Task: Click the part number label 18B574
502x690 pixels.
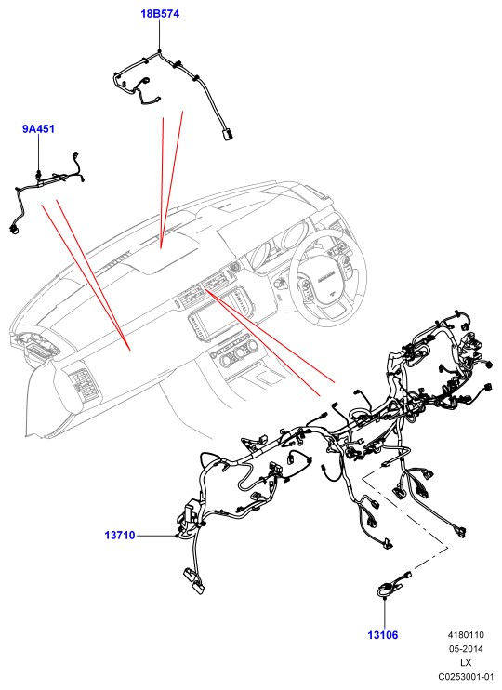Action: [x=160, y=14]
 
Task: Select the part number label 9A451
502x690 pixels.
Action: [x=38, y=129]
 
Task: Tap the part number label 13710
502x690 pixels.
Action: [x=120, y=536]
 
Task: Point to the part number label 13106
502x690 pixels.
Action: [x=382, y=635]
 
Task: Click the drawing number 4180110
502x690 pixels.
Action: [x=466, y=635]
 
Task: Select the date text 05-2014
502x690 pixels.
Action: [x=466, y=649]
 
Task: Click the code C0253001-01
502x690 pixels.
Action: [x=466, y=676]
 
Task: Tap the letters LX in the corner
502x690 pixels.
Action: [x=466, y=663]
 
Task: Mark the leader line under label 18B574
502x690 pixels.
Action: [x=159, y=35]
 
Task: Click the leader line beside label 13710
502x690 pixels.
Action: [x=156, y=536]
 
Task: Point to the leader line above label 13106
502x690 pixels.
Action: [x=385, y=613]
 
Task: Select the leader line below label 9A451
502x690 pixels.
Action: [x=39, y=153]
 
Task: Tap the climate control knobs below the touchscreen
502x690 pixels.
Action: [x=234, y=354]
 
